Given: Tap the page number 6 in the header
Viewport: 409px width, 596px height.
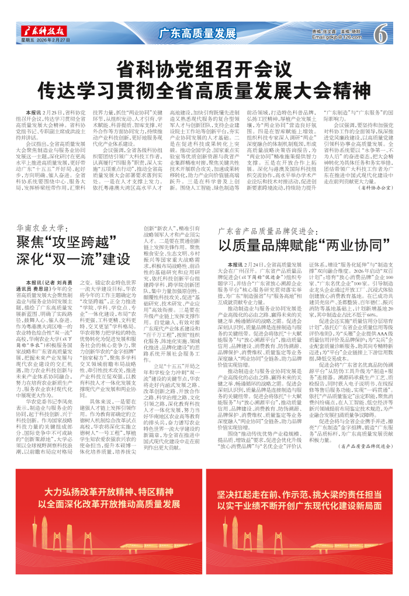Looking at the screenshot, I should coord(384,33).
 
